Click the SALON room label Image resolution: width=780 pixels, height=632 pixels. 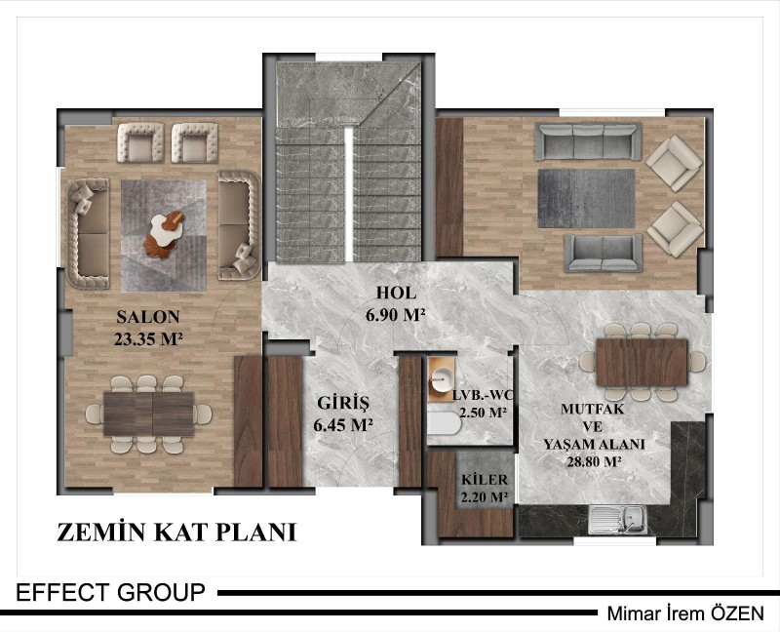(148, 317)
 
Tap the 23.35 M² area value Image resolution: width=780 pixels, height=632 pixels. (148, 338)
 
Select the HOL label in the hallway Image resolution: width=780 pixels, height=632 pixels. (396, 293)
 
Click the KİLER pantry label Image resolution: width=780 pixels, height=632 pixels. (485, 480)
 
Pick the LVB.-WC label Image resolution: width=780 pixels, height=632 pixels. (483, 396)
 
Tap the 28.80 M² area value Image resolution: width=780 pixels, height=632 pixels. (595, 461)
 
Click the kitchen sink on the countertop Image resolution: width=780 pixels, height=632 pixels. (617, 520)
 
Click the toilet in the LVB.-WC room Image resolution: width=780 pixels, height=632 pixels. (445, 422)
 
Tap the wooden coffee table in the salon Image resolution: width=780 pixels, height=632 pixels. (164, 235)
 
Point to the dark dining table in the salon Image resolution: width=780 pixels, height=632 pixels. (149, 415)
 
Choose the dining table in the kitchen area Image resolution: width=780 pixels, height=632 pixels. (642, 362)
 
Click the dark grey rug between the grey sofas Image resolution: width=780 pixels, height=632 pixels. (587, 198)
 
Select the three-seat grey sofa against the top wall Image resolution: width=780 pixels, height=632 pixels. (588, 141)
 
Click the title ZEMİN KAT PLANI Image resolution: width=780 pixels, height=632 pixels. (176, 532)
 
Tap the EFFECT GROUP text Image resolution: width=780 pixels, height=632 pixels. (110, 593)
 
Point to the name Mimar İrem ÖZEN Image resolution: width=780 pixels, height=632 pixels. (685, 613)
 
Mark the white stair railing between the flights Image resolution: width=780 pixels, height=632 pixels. (349, 194)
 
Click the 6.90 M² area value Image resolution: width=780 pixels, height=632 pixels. (396, 315)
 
